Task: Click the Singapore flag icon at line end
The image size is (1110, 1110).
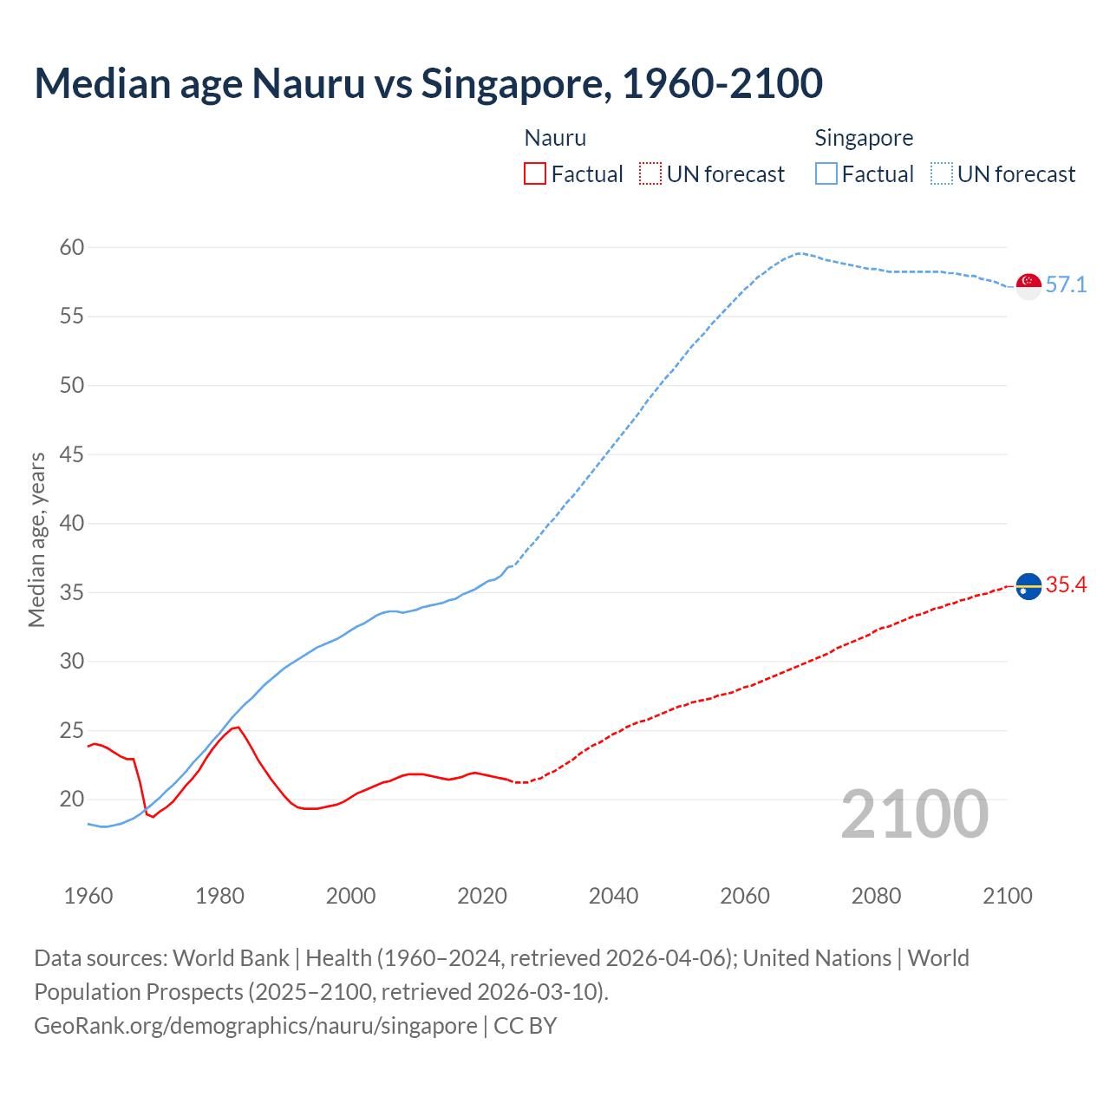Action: pyautogui.click(x=1028, y=285)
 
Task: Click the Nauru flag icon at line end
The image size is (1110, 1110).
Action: pyautogui.click(x=1028, y=586)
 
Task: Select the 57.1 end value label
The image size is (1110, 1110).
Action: pyautogui.click(x=1066, y=285)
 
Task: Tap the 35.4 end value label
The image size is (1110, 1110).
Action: pyautogui.click(x=1066, y=585)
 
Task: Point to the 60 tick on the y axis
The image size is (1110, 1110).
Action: pyautogui.click(x=72, y=248)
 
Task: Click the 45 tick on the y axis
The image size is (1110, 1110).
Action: pyautogui.click(x=72, y=454)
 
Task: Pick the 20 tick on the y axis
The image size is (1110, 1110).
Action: pyautogui.click(x=72, y=799)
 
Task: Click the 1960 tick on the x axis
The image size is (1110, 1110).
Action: pyautogui.click(x=88, y=896)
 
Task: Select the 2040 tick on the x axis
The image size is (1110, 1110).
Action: pyautogui.click(x=613, y=896)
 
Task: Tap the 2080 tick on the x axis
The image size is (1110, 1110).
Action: pyautogui.click(x=876, y=896)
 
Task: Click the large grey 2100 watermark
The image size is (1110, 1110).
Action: pyautogui.click(x=914, y=814)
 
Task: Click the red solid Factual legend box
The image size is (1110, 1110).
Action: pyautogui.click(x=535, y=174)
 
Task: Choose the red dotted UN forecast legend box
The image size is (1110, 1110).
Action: pyautogui.click(x=650, y=174)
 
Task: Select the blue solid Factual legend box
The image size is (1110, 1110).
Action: pyautogui.click(x=826, y=174)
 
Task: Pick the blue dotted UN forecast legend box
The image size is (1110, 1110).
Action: pyautogui.click(x=942, y=174)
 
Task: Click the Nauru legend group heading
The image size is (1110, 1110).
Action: pyautogui.click(x=555, y=138)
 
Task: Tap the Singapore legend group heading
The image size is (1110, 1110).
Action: pyautogui.click(x=864, y=138)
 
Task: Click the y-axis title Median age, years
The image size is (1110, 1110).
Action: pyautogui.click(x=36, y=539)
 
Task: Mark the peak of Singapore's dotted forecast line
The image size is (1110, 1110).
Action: pyautogui.click(x=798, y=253)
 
